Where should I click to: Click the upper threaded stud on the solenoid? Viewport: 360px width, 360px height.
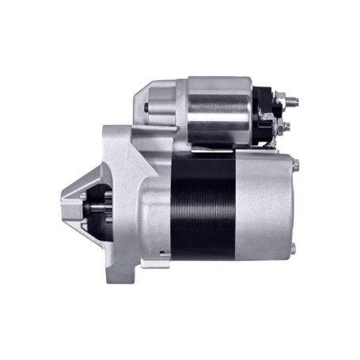click(293, 101)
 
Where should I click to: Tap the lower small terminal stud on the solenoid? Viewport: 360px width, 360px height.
click(286, 125)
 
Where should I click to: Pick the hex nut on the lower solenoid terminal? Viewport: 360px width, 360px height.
click(279, 124)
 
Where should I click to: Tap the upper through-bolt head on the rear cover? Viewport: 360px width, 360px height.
click(295, 165)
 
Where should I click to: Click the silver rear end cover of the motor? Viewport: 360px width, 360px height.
click(265, 206)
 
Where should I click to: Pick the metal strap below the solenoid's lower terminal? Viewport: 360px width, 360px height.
click(273, 139)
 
